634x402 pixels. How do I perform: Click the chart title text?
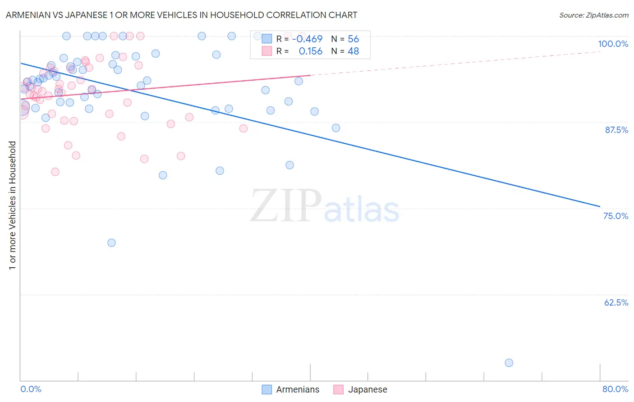click(181, 15)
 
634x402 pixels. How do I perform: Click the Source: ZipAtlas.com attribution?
click(593, 15)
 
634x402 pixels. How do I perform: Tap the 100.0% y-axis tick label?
click(613, 44)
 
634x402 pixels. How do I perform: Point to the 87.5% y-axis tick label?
click(616, 130)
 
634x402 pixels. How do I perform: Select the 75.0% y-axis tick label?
click(616, 216)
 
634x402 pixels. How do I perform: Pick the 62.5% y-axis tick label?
click(616, 302)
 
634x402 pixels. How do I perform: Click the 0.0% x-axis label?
click(31, 389)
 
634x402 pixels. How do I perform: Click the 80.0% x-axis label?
click(615, 389)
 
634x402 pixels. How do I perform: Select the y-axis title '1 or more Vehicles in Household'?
click(13, 206)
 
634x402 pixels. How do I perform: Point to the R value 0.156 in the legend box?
click(310, 51)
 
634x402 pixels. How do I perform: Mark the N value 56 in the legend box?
click(353, 39)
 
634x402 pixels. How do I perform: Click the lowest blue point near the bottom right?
click(509, 363)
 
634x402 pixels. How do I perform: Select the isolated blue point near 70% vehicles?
click(111, 243)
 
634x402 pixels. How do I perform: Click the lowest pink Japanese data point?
click(55, 172)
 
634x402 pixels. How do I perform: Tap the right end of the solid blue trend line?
click(599, 206)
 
